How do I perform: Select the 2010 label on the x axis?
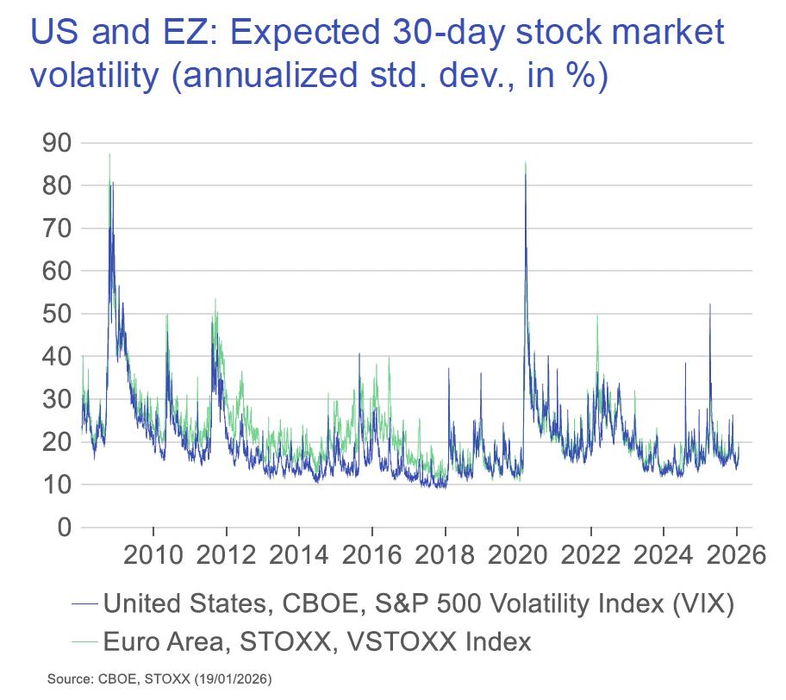point(153,553)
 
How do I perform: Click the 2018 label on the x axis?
point(445,553)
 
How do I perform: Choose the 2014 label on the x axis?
point(299,553)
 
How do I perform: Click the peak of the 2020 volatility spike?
point(525,162)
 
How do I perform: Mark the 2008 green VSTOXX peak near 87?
point(109,154)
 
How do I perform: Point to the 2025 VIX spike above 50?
point(710,304)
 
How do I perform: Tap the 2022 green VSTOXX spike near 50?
point(597,316)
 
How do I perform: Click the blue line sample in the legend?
point(84,603)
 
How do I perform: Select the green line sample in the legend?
point(84,641)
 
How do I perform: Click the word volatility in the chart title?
point(96,75)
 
